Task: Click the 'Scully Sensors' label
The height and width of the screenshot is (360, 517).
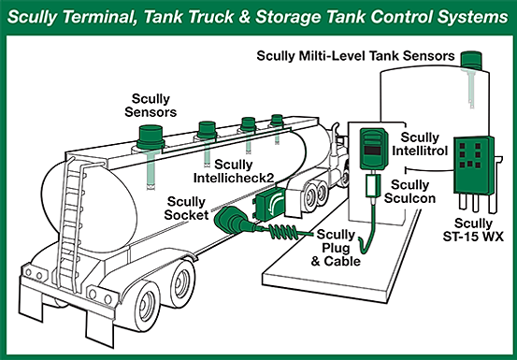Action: pyautogui.click(x=151, y=105)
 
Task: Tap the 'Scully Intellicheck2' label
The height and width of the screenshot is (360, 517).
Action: pyautogui.click(x=234, y=171)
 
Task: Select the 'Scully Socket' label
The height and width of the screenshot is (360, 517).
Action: pyautogui.click(x=186, y=209)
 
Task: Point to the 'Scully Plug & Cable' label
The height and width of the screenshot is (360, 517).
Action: pyautogui.click(x=336, y=248)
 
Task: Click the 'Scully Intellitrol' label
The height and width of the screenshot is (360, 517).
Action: pyautogui.click(x=420, y=144)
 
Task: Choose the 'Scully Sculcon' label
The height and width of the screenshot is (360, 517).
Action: pyautogui.click(x=409, y=192)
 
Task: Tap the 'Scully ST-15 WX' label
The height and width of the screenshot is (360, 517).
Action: pyautogui.click(x=473, y=230)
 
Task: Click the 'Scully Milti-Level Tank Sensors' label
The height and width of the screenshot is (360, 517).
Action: pyautogui.click(x=356, y=56)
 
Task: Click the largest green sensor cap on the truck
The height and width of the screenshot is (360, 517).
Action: pyautogui.click(x=151, y=137)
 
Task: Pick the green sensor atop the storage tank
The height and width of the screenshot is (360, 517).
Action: pyautogui.click(x=471, y=61)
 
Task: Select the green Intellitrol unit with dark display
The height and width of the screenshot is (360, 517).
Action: pyautogui.click(x=374, y=149)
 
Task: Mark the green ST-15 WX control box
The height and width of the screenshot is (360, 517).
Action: pyautogui.click(x=474, y=166)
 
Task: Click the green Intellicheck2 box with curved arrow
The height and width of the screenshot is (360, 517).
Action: pyautogui.click(x=270, y=203)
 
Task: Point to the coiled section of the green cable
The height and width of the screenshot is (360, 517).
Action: pyautogui.click(x=284, y=231)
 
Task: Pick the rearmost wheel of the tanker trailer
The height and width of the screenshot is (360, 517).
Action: pyautogui.click(x=146, y=307)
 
